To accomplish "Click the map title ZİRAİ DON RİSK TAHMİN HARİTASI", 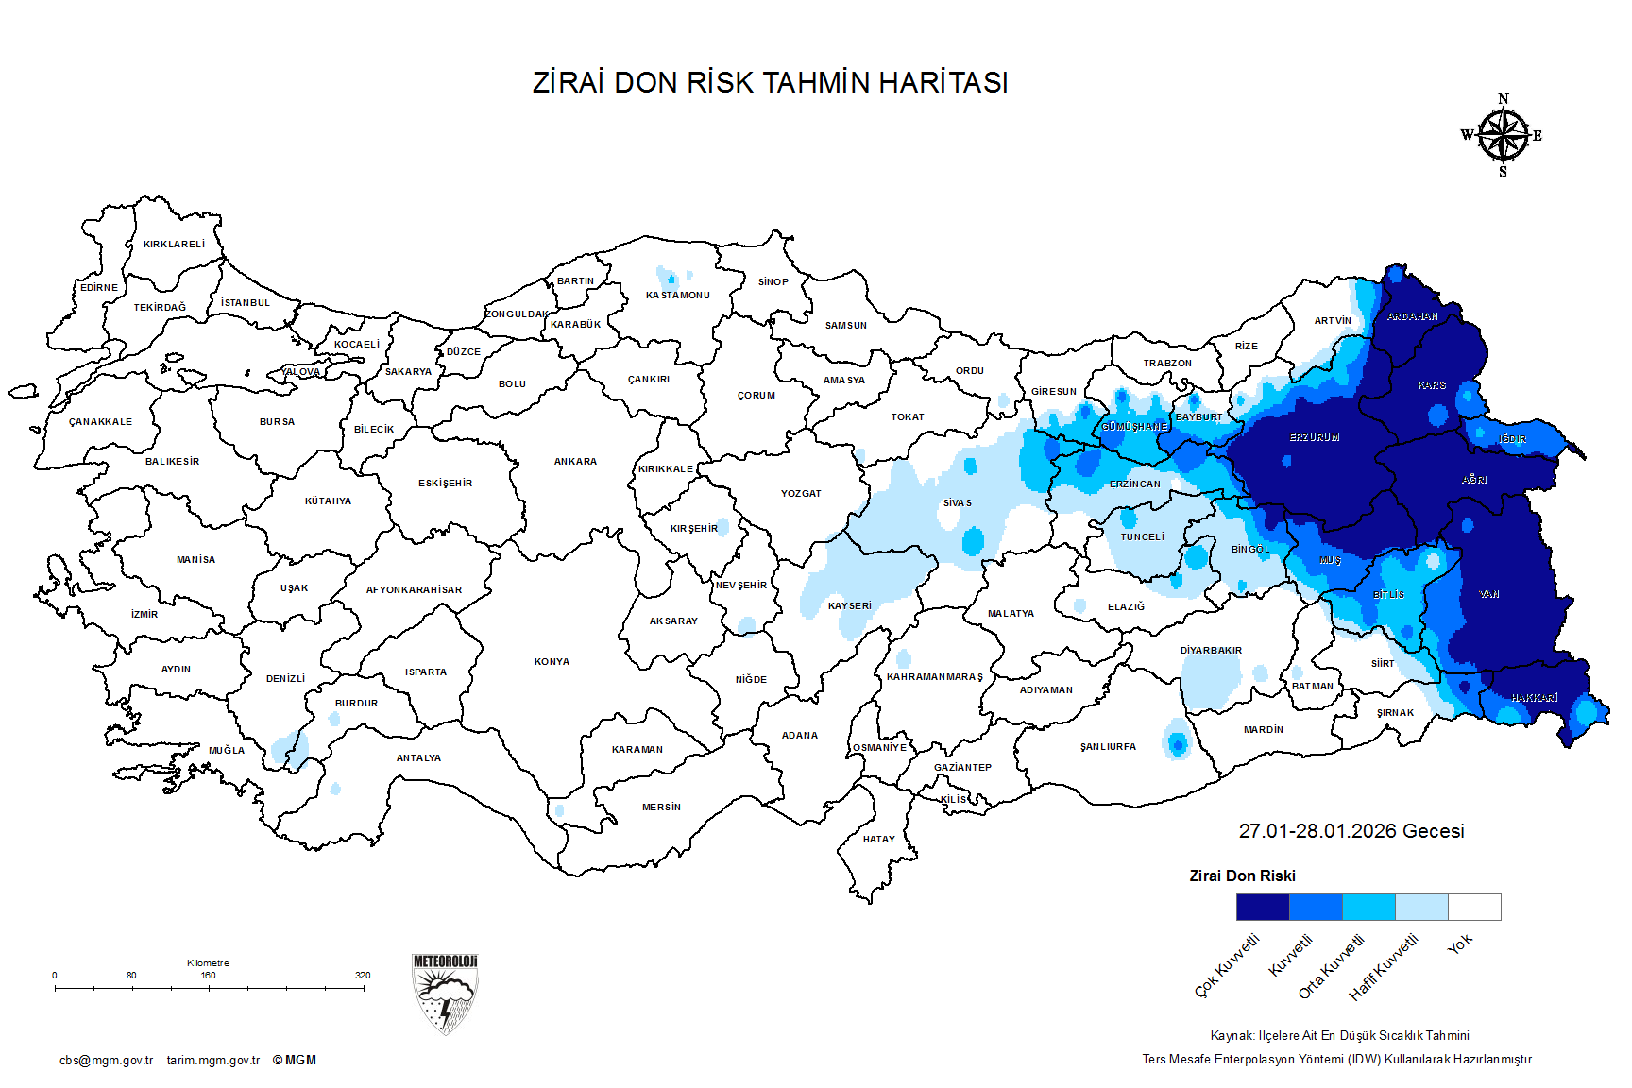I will click(x=770, y=83).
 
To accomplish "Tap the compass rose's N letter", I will click(x=1504, y=99).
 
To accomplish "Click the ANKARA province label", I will click(x=575, y=462).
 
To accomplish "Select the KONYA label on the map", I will click(x=552, y=662).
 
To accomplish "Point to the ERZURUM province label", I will click(x=1315, y=438).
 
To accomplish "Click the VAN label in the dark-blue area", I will click(x=1489, y=595).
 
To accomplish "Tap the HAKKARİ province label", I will click(x=1535, y=698).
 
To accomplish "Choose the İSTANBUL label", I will click(x=246, y=303).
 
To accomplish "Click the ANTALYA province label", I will click(x=418, y=758).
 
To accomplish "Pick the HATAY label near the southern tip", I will click(x=878, y=840).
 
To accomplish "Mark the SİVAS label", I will click(x=957, y=503).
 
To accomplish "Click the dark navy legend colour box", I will click(x=1263, y=908).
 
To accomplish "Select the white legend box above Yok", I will click(x=1474, y=908).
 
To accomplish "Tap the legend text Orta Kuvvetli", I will click(x=1332, y=967).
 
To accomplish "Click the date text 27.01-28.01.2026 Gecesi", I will click(x=1351, y=831).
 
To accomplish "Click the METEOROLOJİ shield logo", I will click(x=445, y=994).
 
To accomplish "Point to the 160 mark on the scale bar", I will click(x=208, y=976).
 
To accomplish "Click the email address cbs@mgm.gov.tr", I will click(x=106, y=1061).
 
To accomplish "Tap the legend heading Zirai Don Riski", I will click(x=1242, y=876).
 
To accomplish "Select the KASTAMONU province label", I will click(x=677, y=296).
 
